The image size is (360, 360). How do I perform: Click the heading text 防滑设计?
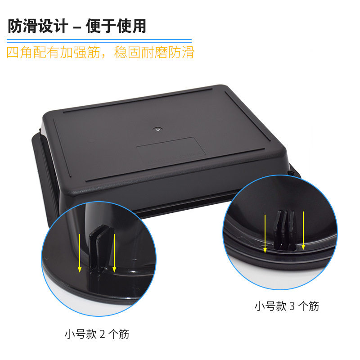tap(37, 26)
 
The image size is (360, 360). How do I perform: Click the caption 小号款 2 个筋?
tap(97, 334)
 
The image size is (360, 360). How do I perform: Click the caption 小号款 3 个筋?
tap(287, 306)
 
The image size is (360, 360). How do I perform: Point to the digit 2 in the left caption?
tap(102, 334)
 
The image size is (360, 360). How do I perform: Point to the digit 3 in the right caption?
tap(292, 306)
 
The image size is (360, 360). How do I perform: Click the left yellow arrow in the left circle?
tap(80, 252)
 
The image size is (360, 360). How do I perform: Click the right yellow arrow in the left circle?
tap(115, 252)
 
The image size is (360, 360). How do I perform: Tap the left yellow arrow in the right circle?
tap(265, 232)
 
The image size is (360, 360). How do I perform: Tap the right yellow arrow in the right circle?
tap(304, 230)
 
